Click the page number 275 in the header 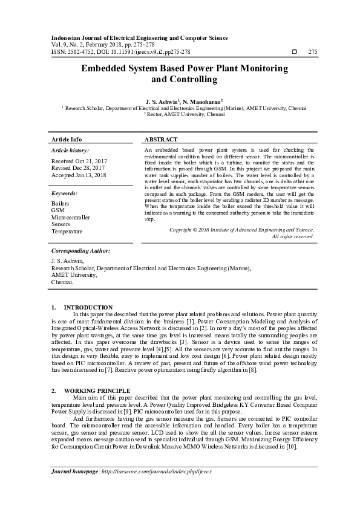coord(313,52)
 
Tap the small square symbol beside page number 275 coord(293,52)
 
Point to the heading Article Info coord(67,139)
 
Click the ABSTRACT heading coord(161,139)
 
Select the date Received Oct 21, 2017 coord(79,161)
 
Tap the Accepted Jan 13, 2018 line coord(79,175)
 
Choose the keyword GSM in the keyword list coord(58,210)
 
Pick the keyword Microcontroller coord(71,218)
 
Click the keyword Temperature coord(67,232)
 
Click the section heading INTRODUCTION coord(88,308)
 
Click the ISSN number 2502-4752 coord(79,52)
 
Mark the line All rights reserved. coord(293,236)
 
